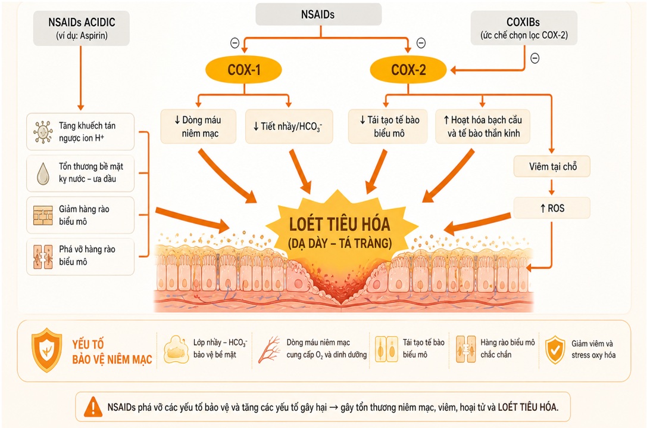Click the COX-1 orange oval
point(243,69)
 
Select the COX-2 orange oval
point(408,69)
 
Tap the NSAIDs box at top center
point(318,14)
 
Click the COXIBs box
point(524,27)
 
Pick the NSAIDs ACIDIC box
point(82,27)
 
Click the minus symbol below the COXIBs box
point(535,58)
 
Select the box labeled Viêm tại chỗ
point(552,166)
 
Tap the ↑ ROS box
point(552,208)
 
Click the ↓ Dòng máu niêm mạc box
point(198,126)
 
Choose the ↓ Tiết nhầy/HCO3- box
point(289,126)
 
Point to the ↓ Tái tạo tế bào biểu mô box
point(388,126)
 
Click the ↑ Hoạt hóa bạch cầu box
point(482,126)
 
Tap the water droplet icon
point(43,173)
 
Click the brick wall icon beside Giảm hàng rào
point(43,215)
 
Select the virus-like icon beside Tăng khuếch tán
point(43,132)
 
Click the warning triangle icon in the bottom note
point(93,407)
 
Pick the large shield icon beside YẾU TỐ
point(47,350)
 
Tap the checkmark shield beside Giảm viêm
point(555,349)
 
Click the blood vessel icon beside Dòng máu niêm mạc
point(269,349)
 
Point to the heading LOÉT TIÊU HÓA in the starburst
point(340,224)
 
